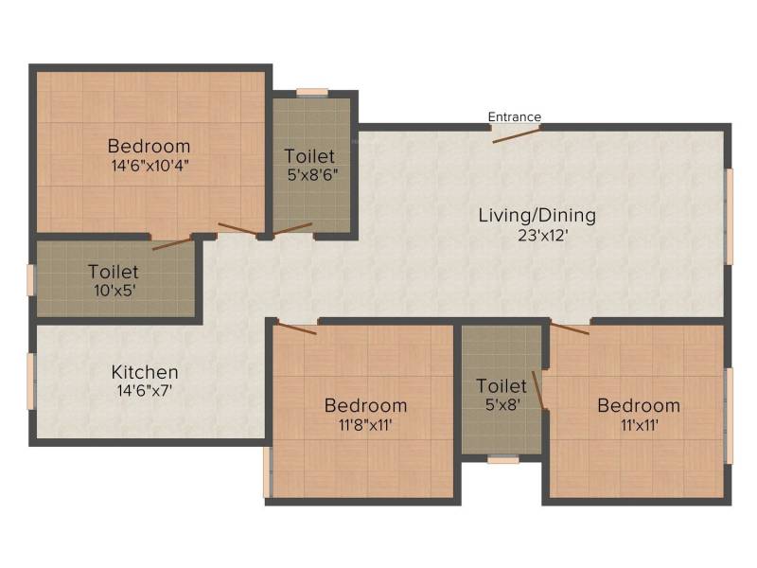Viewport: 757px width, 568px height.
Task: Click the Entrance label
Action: (x=514, y=116)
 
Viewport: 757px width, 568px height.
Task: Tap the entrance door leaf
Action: (x=516, y=135)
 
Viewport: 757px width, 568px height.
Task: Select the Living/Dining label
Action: (x=537, y=216)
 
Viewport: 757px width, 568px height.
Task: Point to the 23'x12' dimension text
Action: (x=543, y=236)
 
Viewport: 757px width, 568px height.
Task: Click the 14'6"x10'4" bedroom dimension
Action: (x=150, y=166)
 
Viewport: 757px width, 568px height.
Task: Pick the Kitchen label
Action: (x=145, y=372)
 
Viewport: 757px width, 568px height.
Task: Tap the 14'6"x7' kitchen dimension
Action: (x=145, y=390)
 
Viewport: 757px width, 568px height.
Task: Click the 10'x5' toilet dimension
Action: (x=114, y=291)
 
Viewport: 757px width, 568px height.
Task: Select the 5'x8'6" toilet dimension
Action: (x=312, y=174)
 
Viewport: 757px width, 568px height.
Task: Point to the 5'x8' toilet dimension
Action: (x=502, y=405)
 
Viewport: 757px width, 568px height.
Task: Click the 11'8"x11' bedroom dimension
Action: (x=365, y=425)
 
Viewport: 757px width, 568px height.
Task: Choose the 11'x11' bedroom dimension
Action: (x=640, y=425)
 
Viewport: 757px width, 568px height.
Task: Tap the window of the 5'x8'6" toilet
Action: (x=312, y=93)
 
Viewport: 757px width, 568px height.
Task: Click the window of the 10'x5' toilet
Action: (x=31, y=280)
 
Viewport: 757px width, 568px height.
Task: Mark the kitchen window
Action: (x=31, y=382)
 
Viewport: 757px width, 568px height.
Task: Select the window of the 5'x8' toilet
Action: (x=503, y=460)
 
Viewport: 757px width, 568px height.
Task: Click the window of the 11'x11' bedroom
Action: (x=729, y=416)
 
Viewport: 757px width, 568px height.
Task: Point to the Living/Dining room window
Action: (x=729, y=217)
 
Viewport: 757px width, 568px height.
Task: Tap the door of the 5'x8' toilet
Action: (x=537, y=390)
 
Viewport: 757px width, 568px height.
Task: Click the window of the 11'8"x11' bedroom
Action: (x=268, y=471)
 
